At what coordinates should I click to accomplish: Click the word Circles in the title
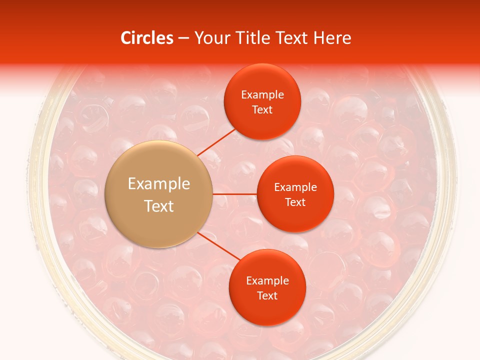click(147, 38)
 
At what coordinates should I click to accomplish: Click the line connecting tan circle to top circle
click(216, 142)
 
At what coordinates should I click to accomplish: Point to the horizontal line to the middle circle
click(235, 194)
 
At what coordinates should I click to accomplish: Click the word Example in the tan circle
click(159, 184)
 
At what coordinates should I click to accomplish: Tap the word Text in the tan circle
click(159, 206)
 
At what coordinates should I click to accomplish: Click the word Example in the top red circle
click(262, 95)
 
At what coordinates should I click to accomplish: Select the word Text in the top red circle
click(262, 109)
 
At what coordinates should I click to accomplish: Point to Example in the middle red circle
click(295, 187)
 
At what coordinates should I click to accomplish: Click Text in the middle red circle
click(295, 202)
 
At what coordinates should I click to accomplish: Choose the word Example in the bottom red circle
click(267, 281)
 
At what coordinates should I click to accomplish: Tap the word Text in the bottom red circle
click(267, 295)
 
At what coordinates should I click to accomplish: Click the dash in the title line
click(183, 38)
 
